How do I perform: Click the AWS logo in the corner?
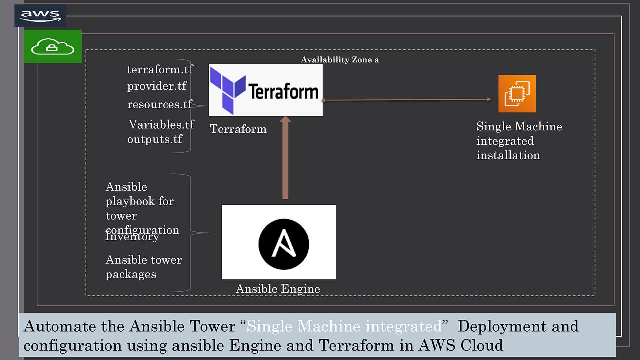click(40, 16)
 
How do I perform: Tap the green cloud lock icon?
click(53, 47)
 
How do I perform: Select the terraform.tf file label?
click(160, 69)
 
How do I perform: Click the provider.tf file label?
click(156, 86)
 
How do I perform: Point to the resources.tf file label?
click(159, 104)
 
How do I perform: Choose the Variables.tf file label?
click(161, 124)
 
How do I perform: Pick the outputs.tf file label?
click(155, 139)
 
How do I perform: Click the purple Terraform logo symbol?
click(227, 90)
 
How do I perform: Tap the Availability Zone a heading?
click(340, 60)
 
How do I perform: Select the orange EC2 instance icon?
click(517, 94)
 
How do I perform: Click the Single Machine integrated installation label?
click(518, 141)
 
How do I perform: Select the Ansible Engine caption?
click(278, 289)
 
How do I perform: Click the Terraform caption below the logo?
click(238, 129)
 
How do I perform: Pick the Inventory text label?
click(132, 237)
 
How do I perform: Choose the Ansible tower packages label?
click(143, 267)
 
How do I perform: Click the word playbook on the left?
click(140, 201)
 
